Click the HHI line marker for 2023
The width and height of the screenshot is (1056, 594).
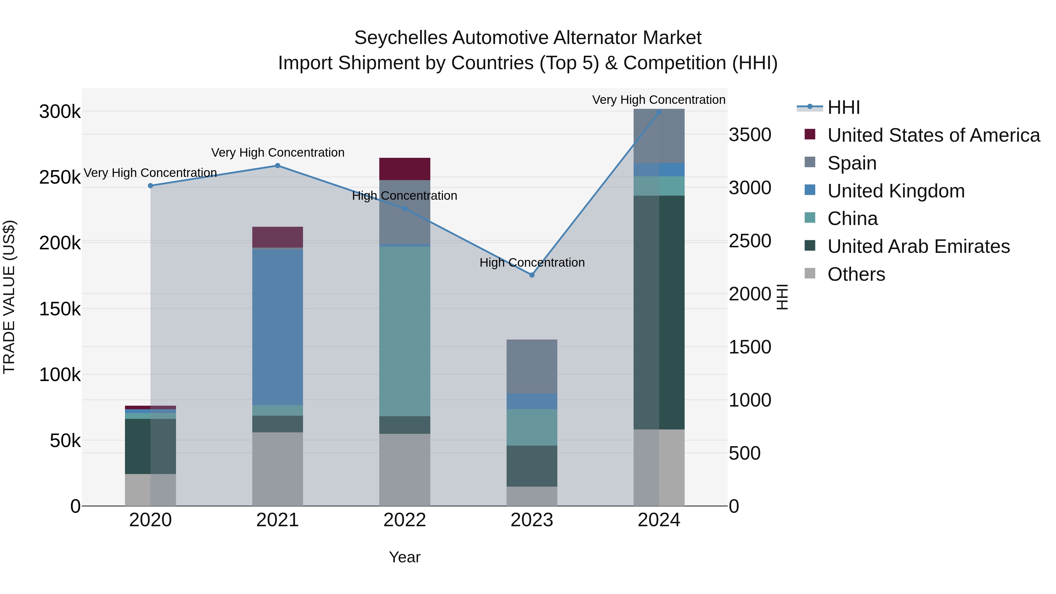point(532,275)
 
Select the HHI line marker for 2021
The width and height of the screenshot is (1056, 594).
point(277,166)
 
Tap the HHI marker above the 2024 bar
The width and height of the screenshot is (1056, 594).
point(659,112)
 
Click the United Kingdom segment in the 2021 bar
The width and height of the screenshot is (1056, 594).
point(277,327)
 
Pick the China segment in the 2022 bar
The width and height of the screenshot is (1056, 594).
point(405,331)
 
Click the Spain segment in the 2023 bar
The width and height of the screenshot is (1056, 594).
point(532,366)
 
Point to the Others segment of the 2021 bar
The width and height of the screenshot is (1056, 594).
point(277,469)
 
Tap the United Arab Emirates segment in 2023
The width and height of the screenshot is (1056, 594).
point(532,466)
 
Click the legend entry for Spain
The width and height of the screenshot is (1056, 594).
point(852,163)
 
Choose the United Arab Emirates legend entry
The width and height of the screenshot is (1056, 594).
point(918,246)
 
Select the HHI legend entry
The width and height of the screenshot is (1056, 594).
point(843,107)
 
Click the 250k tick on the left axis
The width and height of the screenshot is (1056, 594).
point(60,177)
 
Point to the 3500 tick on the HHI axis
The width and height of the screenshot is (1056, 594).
point(750,135)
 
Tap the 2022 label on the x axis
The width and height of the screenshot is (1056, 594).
point(405,520)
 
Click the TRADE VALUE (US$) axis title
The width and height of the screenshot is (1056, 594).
point(9,297)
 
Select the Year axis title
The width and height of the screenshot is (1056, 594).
point(405,557)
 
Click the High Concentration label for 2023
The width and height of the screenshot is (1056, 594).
point(532,262)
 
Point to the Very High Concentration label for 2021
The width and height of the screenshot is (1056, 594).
point(277,153)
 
